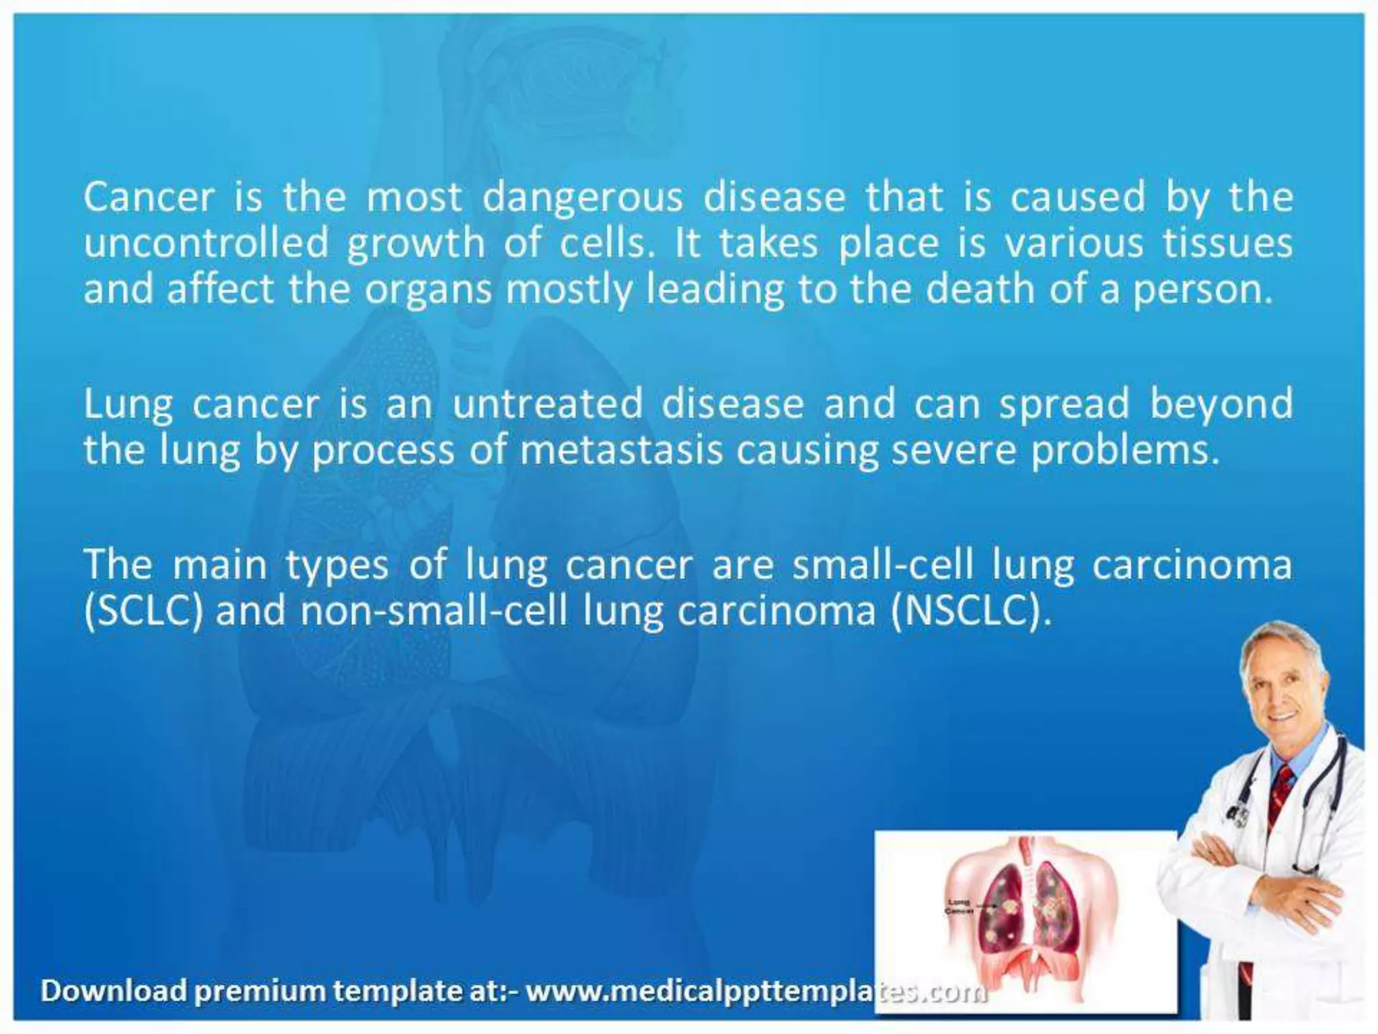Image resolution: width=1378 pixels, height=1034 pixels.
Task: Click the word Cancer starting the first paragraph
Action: [x=149, y=197]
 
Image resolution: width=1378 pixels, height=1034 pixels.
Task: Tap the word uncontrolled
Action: [x=206, y=243]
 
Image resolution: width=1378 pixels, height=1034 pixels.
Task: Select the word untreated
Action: [x=547, y=405]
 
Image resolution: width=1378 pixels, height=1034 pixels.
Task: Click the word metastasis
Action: [x=620, y=450]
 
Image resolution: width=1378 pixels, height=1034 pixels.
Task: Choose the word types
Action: [x=337, y=566]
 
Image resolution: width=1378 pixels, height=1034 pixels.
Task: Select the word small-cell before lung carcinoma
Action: [x=882, y=565]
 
